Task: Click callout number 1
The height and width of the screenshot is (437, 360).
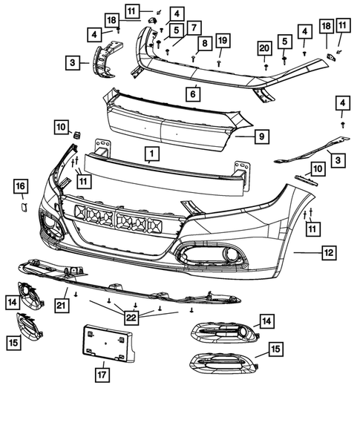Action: pos(151,154)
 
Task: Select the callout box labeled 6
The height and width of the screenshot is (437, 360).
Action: pos(192,94)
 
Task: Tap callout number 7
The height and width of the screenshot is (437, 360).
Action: pos(193,28)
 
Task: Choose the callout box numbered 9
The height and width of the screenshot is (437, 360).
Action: pos(262,137)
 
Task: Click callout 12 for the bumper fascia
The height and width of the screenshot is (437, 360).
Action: pos(327,254)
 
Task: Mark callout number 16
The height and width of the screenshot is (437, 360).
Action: pos(21,185)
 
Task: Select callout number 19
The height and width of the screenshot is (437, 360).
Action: pos(221,39)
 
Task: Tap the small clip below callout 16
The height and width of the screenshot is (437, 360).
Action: pos(22,206)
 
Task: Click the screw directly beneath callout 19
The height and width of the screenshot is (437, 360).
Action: pos(220,62)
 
